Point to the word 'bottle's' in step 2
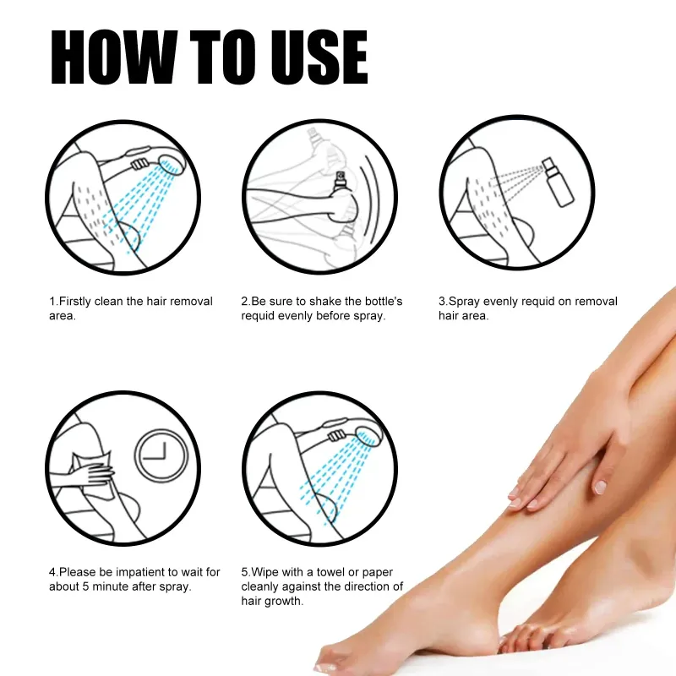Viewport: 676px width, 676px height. click(x=382, y=302)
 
